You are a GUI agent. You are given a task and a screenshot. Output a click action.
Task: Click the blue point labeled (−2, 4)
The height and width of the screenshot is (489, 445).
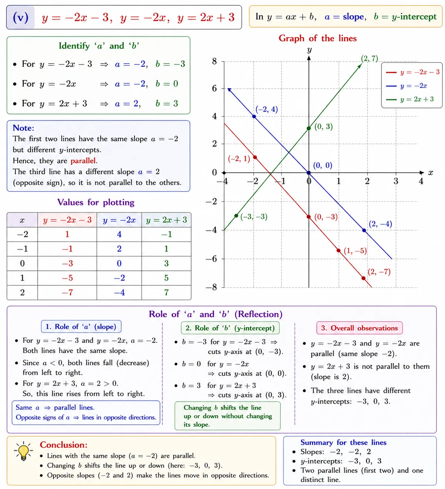pos(254,116)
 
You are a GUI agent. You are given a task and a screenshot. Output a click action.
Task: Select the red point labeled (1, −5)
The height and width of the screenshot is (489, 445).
pos(338,251)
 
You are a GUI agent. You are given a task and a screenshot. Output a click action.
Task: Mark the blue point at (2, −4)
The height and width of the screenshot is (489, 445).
pos(364,231)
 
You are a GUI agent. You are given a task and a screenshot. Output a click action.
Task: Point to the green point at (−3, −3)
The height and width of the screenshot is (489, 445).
pos(236,216)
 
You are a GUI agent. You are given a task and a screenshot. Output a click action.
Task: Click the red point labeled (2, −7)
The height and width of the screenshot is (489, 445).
pos(364,278)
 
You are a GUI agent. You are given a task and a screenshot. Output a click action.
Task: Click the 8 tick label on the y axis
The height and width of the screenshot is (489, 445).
pos(215,61)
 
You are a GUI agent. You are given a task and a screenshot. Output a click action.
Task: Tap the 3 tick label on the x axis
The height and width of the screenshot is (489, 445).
pos(396,181)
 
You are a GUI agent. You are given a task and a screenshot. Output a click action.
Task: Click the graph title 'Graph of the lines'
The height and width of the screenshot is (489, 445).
pos(317,38)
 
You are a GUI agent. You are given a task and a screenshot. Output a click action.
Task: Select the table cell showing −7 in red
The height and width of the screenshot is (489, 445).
pos(67,293)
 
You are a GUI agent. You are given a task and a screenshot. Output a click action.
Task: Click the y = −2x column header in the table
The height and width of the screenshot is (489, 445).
pos(119,220)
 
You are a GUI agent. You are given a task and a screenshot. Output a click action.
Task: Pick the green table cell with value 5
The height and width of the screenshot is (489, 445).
pos(166,278)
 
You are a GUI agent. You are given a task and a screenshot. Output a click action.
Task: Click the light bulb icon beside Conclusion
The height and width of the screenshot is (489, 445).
pos(23,451)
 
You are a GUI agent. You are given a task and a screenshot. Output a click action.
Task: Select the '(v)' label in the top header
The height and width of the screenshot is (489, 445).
pos(21,17)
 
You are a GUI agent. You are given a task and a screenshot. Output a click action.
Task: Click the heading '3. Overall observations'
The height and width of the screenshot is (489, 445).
pos(359,328)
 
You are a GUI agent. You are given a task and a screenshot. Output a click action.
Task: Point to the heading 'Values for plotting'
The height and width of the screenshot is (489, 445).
pos(96,202)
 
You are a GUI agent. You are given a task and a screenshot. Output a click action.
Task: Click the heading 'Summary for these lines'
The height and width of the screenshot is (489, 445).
pos(343,443)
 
